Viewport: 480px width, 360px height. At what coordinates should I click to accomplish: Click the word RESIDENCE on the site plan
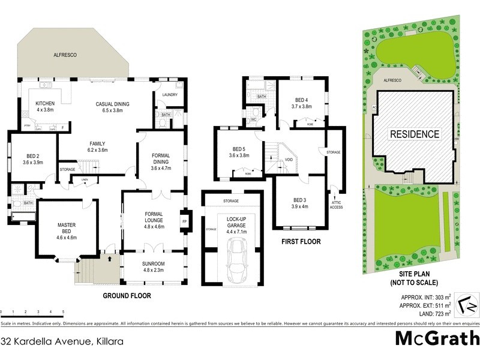(x=415, y=134)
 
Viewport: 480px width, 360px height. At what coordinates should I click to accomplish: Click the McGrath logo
(x=436, y=338)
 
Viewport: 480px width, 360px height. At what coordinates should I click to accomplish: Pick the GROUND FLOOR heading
(x=127, y=296)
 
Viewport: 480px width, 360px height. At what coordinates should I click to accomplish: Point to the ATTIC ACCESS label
(x=337, y=205)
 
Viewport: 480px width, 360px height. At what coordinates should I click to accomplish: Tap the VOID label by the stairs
(x=289, y=160)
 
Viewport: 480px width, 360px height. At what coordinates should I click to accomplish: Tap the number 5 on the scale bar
(x=63, y=312)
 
